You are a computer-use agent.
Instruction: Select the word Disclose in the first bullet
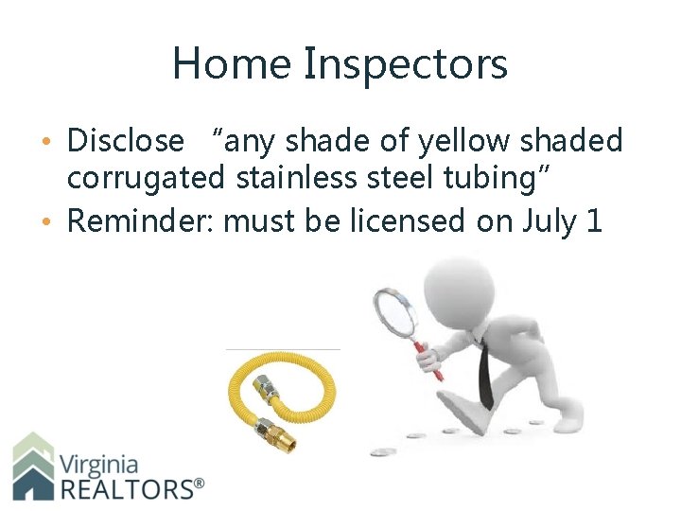click(126, 141)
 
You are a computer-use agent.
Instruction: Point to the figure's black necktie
click(485, 374)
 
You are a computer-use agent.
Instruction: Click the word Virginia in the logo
click(99, 465)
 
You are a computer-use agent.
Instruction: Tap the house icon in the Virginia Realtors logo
click(33, 467)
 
